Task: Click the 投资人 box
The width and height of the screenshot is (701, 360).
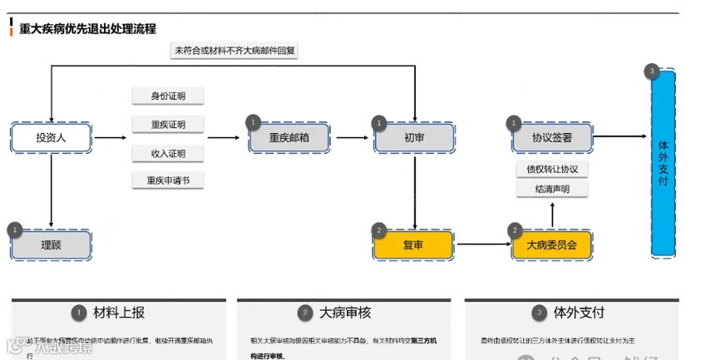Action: pyautogui.click(x=51, y=137)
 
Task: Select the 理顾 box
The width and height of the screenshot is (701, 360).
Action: pyautogui.click(x=51, y=245)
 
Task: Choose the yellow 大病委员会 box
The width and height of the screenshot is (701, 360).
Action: pyautogui.click(x=551, y=245)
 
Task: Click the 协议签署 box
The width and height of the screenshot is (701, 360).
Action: pyautogui.click(x=551, y=138)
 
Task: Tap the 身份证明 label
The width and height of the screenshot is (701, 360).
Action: pyautogui.click(x=168, y=96)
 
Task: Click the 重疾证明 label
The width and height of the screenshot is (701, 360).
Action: pyautogui.click(x=168, y=125)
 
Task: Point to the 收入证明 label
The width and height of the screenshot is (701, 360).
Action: pyautogui.click(x=168, y=153)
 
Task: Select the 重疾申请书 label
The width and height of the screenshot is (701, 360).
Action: pyautogui.click(x=168, y=180)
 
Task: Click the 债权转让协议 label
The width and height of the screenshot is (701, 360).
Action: pyautogui.click(x=551, y=170)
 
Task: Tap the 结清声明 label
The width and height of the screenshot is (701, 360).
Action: pyautogui.click(x=551, y=190)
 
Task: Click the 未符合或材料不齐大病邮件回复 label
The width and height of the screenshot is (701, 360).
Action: pyautogui.click(x=234, y=51)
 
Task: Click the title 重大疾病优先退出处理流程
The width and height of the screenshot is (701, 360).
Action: pyautogui.click(x=87, y=28)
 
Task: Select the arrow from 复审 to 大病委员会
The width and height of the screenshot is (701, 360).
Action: pyautogui.click(x=482, y=244)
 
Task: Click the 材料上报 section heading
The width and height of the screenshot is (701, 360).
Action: pyautogui.click(x=119, y=313)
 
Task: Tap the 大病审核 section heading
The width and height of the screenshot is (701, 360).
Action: pyautogui.click(x=346, y=313)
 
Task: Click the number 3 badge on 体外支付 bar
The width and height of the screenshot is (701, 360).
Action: pyautogui.click(x=652, y=72)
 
